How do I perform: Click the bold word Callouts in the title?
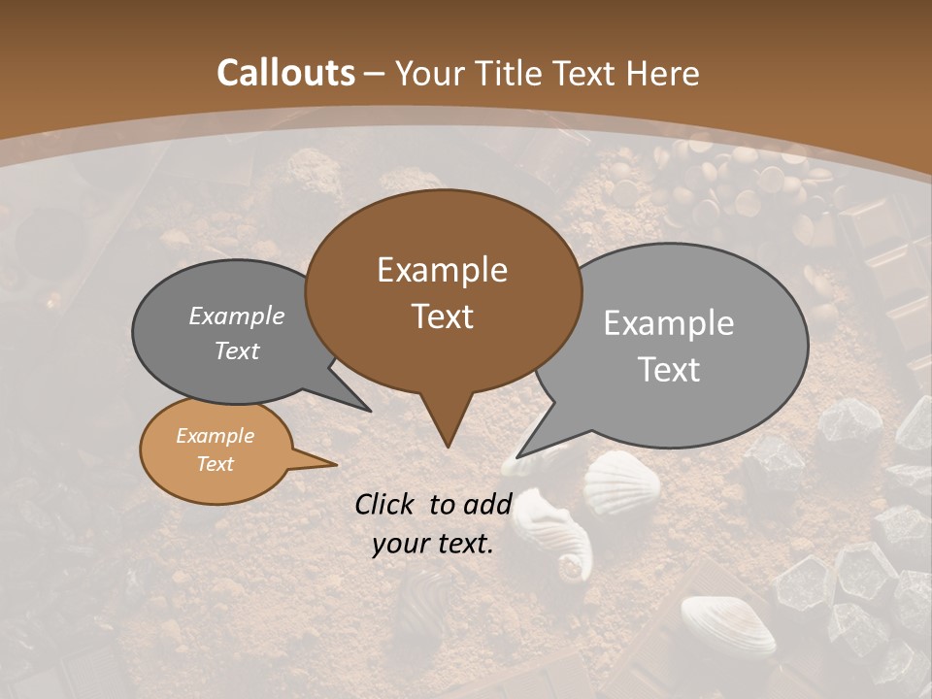(x=285, y=73)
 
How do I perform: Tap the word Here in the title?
(x=657, y=73)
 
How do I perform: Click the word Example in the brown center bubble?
(x=442, y=270)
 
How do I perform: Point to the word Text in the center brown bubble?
(x=442, y=316)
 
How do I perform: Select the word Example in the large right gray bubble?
(x=669, y=323)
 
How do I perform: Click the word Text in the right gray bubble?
(x=669, y=370)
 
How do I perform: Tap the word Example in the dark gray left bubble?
(x=237, y=316)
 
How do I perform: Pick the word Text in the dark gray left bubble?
(x=237, y=350)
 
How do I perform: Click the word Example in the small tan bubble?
(x=215, y=436)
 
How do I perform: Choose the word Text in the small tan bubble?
(x=215, y=464)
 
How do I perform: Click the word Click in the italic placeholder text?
(x=387, y=504)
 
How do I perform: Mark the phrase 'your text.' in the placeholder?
(x=433, y=544)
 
